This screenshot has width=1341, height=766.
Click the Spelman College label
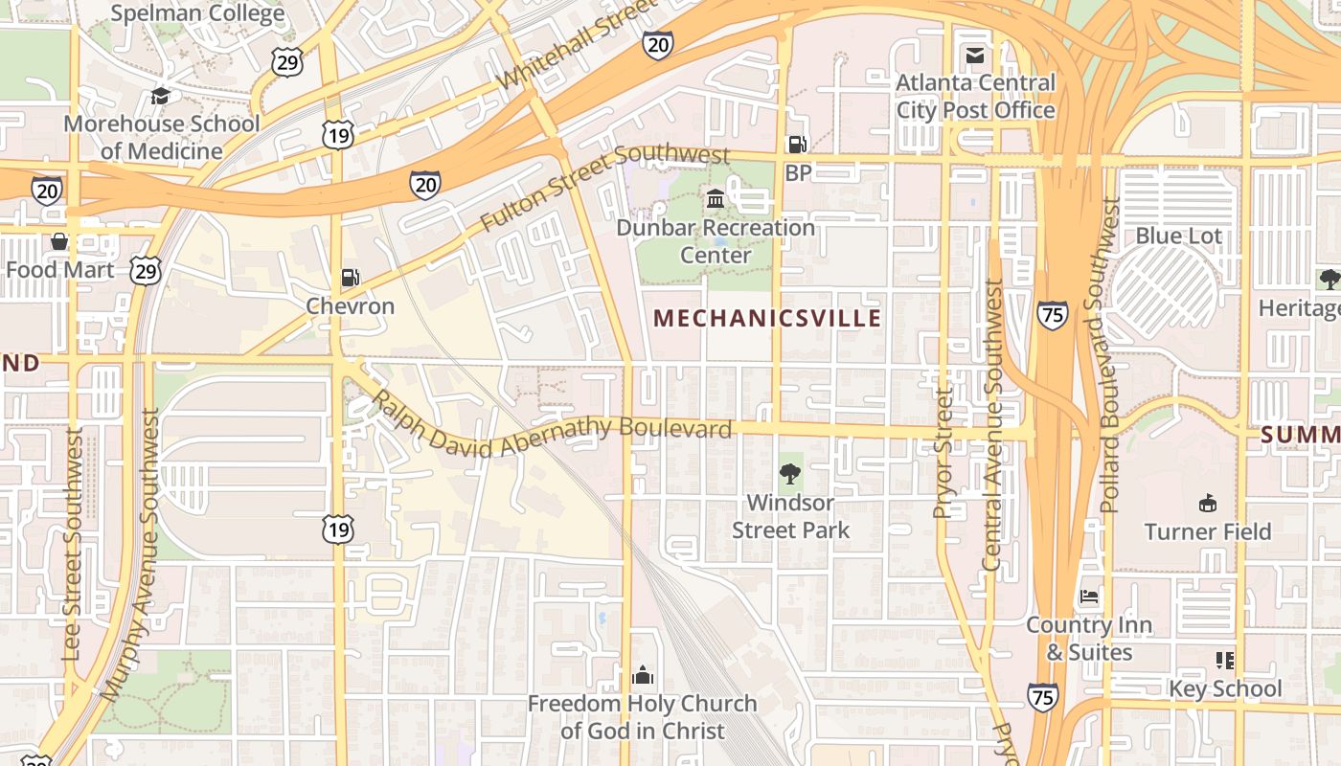coord(197,13)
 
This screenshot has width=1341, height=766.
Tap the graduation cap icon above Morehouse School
coord(161,97)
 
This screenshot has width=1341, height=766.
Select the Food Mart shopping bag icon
coord(59,241)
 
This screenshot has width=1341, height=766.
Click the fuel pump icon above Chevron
coord(351,278)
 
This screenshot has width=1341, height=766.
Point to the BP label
coord(798,173)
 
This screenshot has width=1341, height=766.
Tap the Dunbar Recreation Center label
coord(716,241)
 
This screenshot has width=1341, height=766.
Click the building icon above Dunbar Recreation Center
coord(716,199)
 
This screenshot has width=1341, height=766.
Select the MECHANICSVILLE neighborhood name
coord(766,318)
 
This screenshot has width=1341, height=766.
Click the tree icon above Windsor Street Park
coord(790,473)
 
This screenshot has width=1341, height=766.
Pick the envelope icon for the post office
coord(975,56)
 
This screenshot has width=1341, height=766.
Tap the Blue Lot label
coord(1179,236)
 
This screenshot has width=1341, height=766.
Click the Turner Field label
coord(1208,531)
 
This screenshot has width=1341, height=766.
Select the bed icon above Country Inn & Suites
coord(1089,597)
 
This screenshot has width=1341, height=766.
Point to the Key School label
coord(1225,688)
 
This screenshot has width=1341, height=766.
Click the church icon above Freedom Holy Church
coord(643,675)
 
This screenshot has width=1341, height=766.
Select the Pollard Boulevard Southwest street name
coord(1110,354)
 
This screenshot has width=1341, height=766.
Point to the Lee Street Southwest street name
coord(72,544)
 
